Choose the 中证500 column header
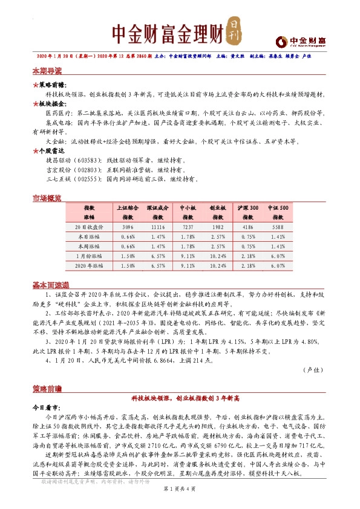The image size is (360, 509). [x=278, y=207]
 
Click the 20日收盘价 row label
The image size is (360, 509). [x=89, y=226]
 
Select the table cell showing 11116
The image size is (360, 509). [x=157, y=226]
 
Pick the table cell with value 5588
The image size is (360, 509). [x=278, y=226]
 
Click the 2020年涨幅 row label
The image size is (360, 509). [x=89, y=265]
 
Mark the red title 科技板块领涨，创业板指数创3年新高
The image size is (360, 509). [x=180, y=399]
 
